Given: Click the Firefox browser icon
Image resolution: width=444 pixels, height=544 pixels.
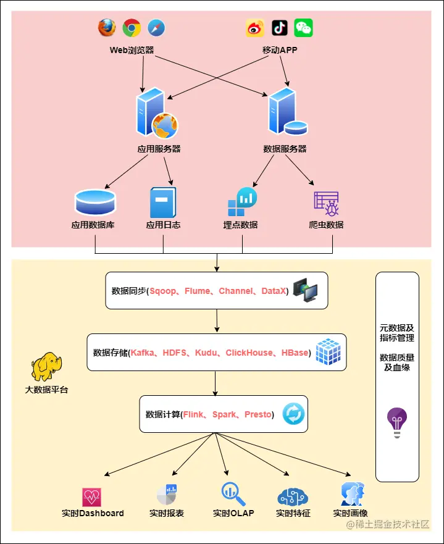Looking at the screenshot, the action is [x=107, y=28].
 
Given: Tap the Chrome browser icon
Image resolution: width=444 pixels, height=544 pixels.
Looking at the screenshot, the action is [x=132, y=28].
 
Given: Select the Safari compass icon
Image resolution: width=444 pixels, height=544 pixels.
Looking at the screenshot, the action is [x=156, y=28].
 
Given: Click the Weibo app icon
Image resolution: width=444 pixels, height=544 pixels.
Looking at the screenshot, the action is [x=255, y=28].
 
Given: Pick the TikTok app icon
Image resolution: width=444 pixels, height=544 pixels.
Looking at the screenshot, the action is [x=280, y=28].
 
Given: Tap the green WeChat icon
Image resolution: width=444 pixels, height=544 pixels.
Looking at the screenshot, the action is [x=304, y=28].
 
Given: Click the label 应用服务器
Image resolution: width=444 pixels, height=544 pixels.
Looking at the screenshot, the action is [x=159, y=149].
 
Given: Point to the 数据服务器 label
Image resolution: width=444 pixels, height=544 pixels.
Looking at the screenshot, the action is [x=285, y=149].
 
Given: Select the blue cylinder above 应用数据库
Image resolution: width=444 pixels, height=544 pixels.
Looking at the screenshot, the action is [x=95, y=203].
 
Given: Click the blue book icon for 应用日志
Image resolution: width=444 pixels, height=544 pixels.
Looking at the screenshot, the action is [x=163, y=203].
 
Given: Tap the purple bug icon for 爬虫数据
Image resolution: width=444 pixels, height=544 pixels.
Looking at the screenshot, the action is [x=327, y=204].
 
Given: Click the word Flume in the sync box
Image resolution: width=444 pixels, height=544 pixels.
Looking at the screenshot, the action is [x=198, y=291].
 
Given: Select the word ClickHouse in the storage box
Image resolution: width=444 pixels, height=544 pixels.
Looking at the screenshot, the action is [x=249, y=353].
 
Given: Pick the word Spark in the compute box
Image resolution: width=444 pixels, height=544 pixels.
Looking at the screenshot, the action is [x=224, y=414].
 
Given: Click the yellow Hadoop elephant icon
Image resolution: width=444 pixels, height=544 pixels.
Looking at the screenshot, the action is [x=47, y=367].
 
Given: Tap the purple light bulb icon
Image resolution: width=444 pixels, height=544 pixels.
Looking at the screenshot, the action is [x=397, y=422].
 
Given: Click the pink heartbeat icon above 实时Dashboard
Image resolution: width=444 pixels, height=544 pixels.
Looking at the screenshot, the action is [x=91, y=497].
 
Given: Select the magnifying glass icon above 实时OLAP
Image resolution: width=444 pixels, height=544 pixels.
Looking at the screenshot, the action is [x=233, y=494].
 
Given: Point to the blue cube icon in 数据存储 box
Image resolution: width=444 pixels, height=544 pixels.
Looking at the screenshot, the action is [x=328, y=352].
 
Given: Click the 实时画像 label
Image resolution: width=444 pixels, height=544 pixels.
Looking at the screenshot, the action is [x=350, y=513].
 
